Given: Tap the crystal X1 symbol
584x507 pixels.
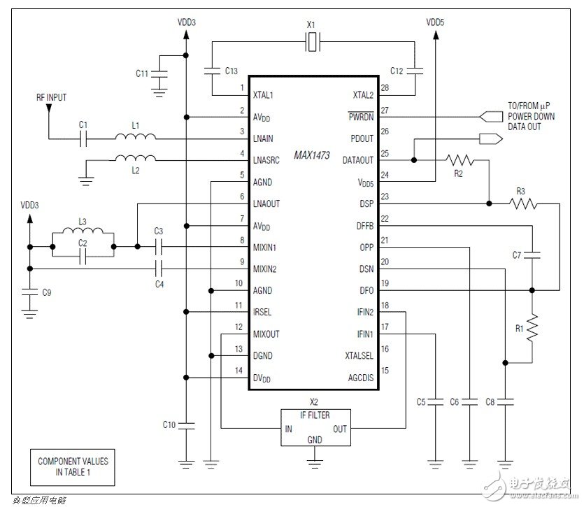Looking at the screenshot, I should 313,44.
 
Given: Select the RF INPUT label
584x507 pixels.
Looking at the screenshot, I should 52,97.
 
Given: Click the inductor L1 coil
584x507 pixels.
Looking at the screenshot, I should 136,138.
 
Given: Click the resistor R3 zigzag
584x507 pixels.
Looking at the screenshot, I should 523,204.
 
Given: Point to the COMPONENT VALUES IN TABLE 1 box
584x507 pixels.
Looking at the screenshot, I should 73,466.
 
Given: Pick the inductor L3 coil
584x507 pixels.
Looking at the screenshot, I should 82,234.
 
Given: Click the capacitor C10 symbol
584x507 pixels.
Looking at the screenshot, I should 186,424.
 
